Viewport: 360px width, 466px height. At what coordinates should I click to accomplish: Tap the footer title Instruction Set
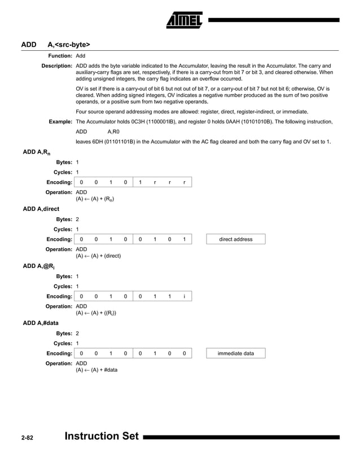(x=102, y=437)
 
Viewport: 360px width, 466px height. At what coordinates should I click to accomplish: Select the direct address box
(x=236, y=239)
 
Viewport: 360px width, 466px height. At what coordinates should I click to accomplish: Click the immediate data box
(x=236, y=353)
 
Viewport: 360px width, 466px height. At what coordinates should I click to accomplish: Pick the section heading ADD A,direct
(x=41, y=209)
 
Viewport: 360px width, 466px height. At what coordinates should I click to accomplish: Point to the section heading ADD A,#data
(x=41, y=323)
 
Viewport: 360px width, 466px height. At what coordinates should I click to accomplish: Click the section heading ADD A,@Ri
(x=39, y=266)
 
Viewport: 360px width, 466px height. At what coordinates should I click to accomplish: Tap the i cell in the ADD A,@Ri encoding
(x=184, y=296)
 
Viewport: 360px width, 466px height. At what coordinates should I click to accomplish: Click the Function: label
(x=60, y=56)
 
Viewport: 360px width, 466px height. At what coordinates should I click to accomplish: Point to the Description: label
(x=57, y=66)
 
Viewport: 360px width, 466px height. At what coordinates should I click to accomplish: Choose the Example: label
(x=60, y=122)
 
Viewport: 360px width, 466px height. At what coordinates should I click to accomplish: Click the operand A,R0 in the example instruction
(x=113, y=131)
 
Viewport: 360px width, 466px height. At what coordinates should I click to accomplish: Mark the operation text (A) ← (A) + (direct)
(x=98, y=256)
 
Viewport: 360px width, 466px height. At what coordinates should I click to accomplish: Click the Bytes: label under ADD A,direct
(x=64, y=219)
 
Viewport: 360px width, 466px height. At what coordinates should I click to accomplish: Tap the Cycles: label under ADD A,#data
(x=63, y=343)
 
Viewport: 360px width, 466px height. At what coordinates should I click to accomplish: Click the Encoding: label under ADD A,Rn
(x=59, y=182)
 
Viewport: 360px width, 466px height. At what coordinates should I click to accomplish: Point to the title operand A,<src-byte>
(x=69, y=44)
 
